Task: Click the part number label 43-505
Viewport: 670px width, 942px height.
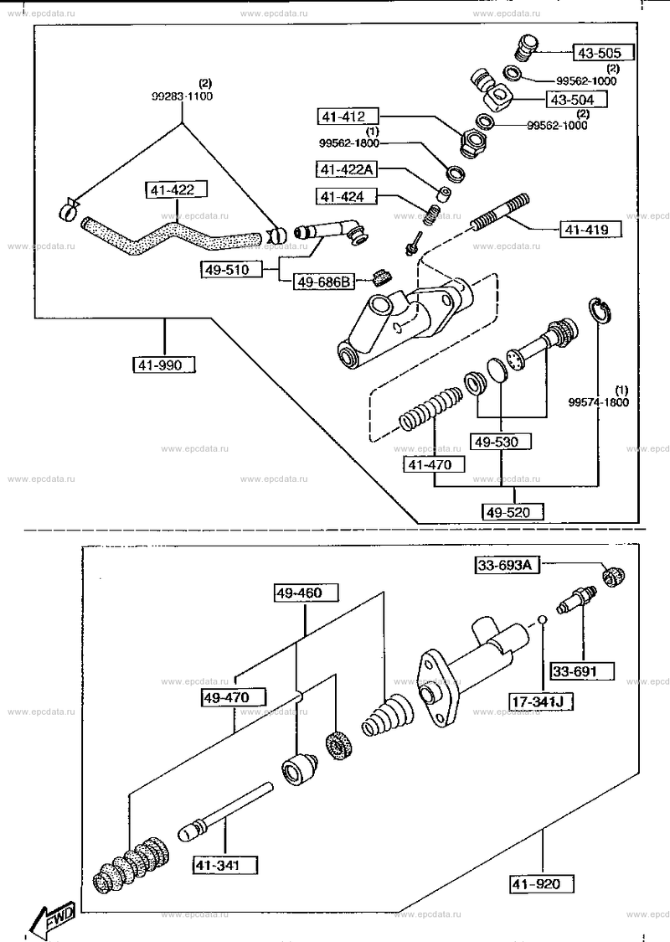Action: pyautogui.click(x=598, y=53)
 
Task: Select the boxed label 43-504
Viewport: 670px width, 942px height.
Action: pyautogui.click(x=572, y=100)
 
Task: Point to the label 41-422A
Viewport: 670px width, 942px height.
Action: pyautogui.click(x=347, y=169)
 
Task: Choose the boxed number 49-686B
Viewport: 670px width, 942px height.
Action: pyautogui.click(x=324, y=281)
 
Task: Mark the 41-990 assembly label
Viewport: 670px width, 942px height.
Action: pyautogui.click(x=160, y=364)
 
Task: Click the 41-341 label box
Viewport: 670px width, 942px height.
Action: pyautogui.click(x=217, y=865)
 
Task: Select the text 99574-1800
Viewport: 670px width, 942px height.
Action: pyautogui.click(x=599, y=402)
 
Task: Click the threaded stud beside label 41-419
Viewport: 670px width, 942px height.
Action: pyautogui.click(x=500, y=213)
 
